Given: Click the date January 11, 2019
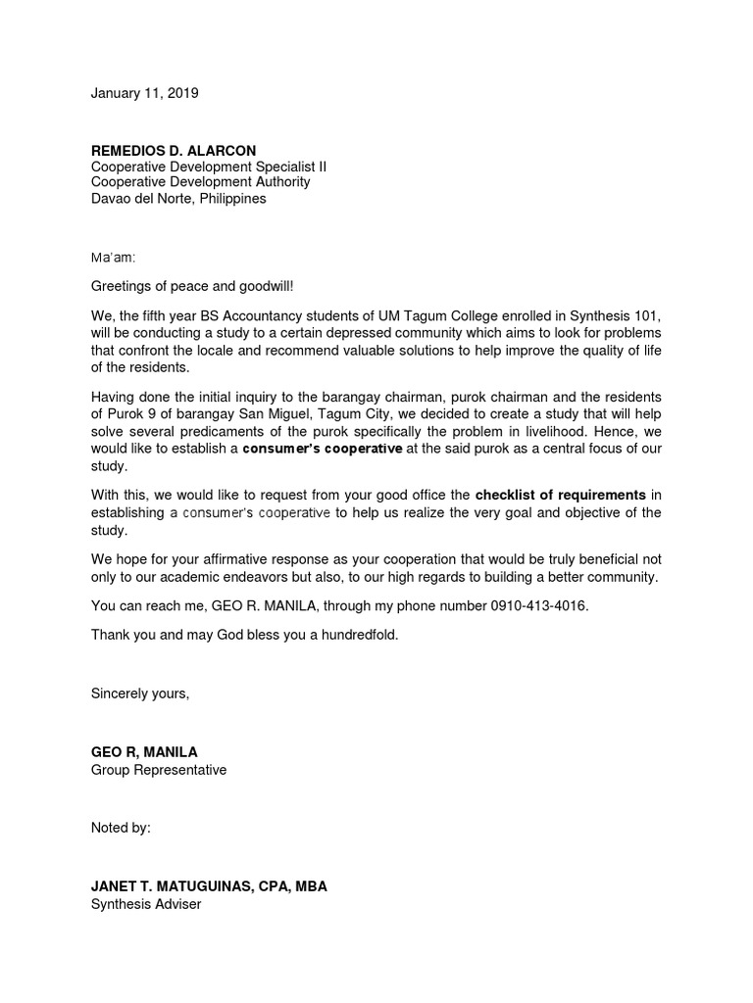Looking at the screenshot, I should [x=144, y=94].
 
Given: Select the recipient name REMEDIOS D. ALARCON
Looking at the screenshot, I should [x=174, y=151].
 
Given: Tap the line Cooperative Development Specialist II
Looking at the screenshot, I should [x=209, y=167].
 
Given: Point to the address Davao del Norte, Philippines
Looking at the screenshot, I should [x=178, y=198].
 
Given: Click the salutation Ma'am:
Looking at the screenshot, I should [x=114, y=258].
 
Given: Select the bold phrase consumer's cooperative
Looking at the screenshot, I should [x=323, y=450].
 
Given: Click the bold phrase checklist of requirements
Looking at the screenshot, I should [x=560, y=495].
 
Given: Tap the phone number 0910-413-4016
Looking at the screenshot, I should [x=538, y=606].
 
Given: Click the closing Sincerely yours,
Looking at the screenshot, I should [x=140, y=693].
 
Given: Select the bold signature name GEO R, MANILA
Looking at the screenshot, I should [x=144, y=752].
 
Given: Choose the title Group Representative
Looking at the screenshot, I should [x=159, y=770].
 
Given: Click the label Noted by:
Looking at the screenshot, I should [x=121, y=828].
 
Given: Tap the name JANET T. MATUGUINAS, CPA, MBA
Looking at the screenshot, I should [x=209, y=886].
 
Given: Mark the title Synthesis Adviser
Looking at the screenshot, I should [x=146, y=904].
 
